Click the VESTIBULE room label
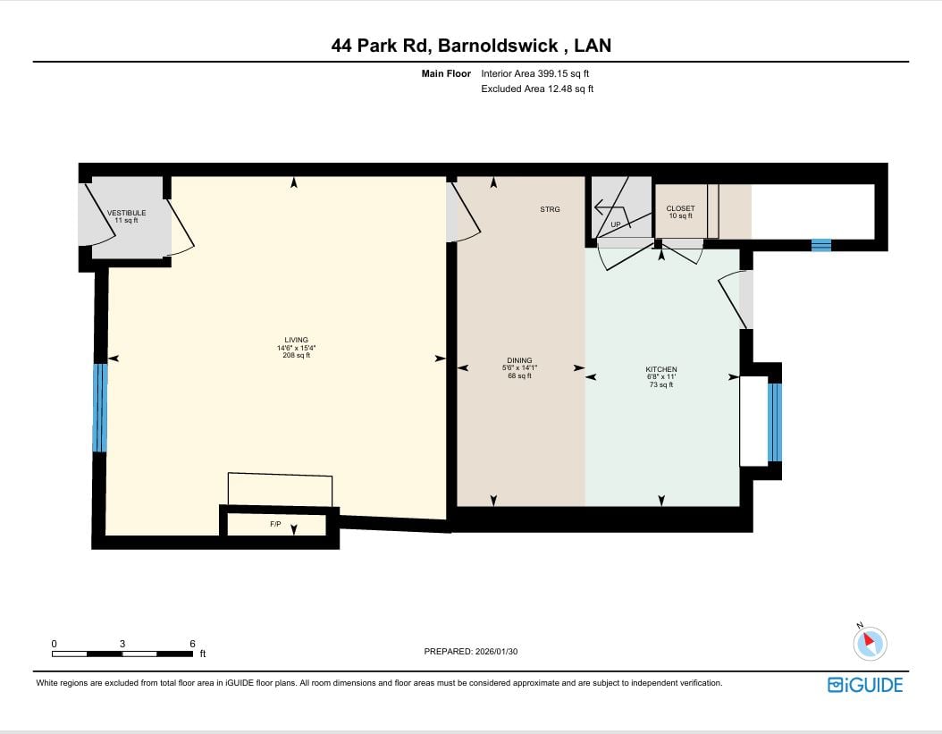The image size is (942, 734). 126,213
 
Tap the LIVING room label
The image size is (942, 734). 296,340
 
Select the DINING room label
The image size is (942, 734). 519,360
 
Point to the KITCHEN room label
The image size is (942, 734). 661,369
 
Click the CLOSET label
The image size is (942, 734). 681,208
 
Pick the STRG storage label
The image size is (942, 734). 550,209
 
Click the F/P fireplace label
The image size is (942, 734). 275,524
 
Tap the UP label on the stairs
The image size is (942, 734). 616,224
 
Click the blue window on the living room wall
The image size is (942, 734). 100,408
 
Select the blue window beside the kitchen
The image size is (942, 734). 775,422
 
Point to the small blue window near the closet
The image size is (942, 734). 821,245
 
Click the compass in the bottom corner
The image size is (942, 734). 870,643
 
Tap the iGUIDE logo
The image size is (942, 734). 865,686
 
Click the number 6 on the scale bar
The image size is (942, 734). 192,644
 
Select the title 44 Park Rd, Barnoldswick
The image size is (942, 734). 444,46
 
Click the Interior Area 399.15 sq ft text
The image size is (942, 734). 534,74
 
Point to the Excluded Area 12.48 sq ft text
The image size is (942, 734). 537,89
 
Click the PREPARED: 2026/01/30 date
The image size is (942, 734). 471,651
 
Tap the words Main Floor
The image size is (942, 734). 446,74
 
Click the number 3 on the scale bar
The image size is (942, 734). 122,644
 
